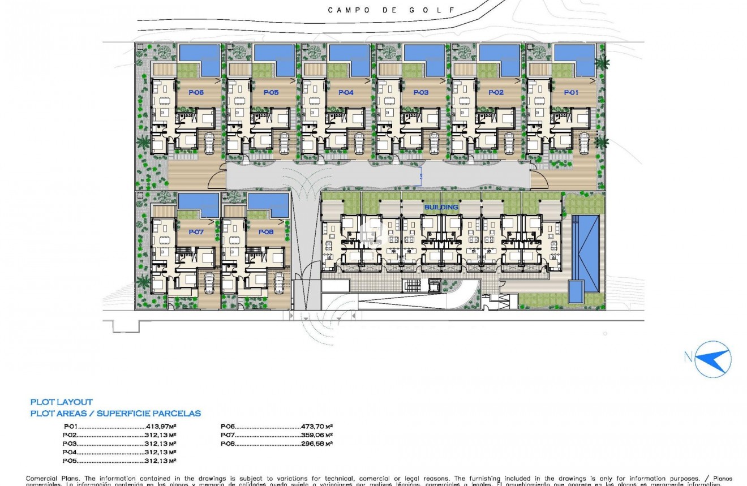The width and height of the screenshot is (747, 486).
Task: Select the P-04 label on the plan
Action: coord(346,92)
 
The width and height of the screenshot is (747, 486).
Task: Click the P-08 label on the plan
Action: coord(266,232)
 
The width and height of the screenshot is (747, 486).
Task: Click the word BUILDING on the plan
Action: coord(441,207)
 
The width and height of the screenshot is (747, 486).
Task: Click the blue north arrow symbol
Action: coord(712,359)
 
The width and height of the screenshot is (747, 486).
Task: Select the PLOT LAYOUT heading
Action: coord(61,402)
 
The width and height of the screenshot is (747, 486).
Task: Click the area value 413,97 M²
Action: coord(161,427)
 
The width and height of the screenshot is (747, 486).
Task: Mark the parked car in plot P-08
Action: coord(278,281)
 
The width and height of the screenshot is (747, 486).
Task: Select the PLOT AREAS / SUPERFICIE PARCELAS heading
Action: coord(115,414)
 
